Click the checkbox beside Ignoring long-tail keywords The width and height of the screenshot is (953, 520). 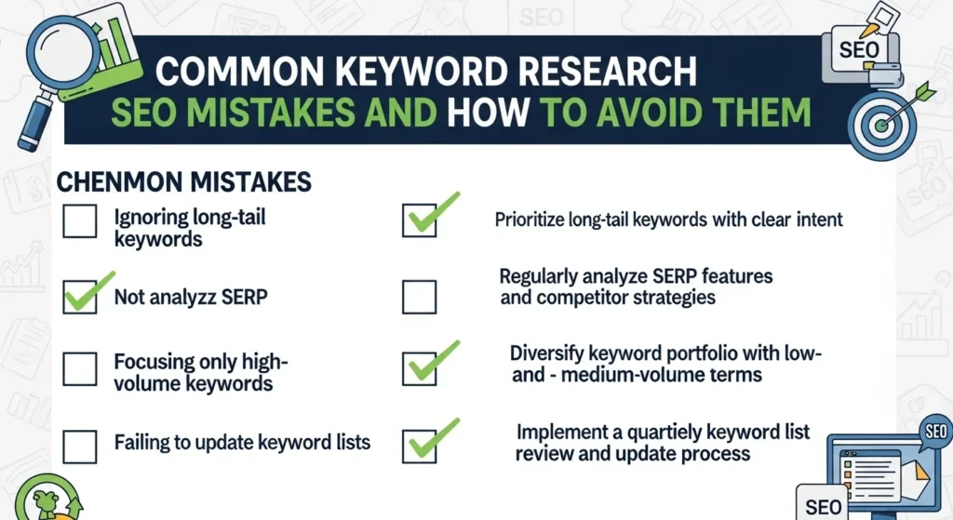[79, 223]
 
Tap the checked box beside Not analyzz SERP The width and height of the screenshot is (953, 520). [79, 298]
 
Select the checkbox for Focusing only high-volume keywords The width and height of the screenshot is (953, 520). [79, 369]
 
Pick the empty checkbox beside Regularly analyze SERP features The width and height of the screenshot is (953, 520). [419, 297]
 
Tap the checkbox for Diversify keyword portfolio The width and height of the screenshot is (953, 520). [419, 368]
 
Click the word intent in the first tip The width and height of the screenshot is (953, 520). [818, 220]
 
